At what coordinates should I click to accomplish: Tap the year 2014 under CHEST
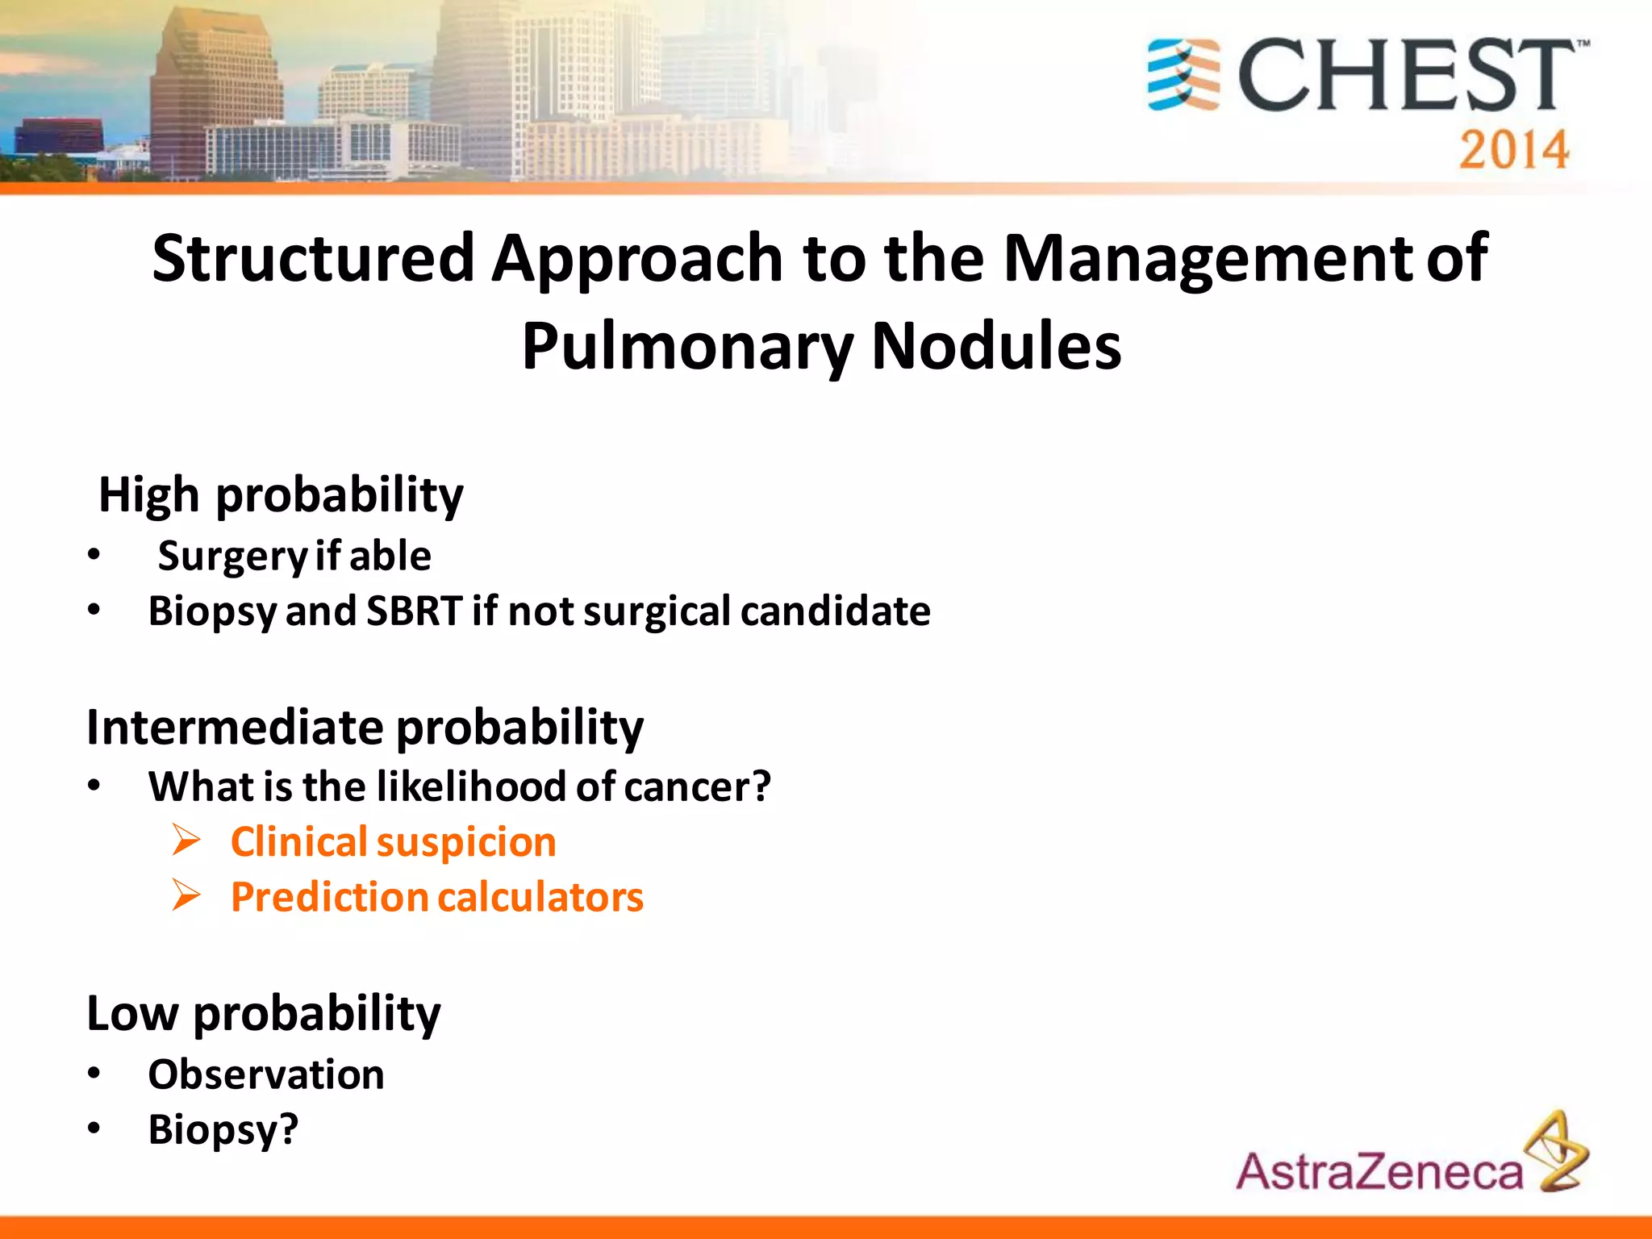(x=1513, y=150)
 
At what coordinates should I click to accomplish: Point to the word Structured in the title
(x=313, y=258)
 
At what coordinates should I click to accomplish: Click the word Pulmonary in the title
(x=686, y=347)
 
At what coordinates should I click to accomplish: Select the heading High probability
(x=281, y=494)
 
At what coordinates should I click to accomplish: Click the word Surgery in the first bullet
(x=232, y=557)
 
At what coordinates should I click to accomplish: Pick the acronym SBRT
(x=415, y=611)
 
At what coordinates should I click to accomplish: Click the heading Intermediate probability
(x=365, y=728)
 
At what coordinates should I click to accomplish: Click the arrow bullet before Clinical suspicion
(x=186, y=841)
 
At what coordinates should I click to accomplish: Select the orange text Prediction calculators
(x=436, y=897)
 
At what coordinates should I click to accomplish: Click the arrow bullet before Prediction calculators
(x=186, y=896)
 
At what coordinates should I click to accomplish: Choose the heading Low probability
(x=263, y=1013)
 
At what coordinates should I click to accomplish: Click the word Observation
(x=266, y=1074)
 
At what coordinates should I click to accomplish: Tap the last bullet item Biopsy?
(x=223, y=1129)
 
